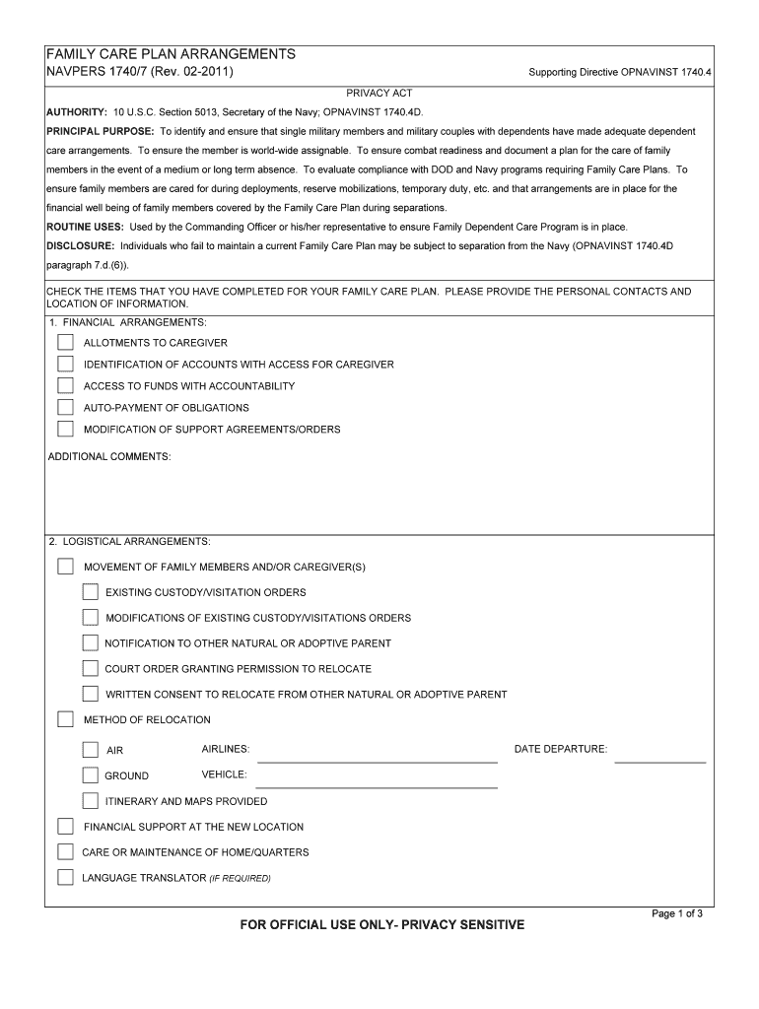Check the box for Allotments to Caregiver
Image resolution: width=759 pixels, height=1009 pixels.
(x=65, y=343)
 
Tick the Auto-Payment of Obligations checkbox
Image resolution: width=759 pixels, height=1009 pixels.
(x=65, y=408)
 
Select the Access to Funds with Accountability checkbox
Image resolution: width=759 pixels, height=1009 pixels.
(x=65, y=386)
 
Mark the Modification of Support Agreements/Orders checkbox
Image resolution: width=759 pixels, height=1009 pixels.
(x=65, y=430)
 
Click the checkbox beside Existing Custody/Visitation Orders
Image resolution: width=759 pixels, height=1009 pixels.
(x=91, y=592)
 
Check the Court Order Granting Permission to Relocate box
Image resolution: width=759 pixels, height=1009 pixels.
(x=91, y=669)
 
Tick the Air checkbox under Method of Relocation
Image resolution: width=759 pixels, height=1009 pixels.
(x=91, y=750)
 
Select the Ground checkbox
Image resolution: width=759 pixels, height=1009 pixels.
(x=91, y=775)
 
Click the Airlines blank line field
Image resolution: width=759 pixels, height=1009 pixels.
(x=377, y=754)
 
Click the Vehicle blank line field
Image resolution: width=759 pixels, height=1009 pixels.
(x=377, y=779)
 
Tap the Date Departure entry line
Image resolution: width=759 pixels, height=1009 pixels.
(x=660, y=754)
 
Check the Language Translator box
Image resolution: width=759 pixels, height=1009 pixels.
(x=65, y=877)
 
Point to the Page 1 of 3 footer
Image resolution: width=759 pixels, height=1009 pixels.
(x=677, y=913)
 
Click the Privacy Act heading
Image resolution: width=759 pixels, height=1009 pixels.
(x=379, y=93)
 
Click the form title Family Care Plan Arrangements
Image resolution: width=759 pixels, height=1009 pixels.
(x=172, y=53)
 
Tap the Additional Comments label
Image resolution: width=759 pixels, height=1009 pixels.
(x=109, y=456)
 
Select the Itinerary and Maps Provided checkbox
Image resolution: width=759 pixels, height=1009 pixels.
(x=91, y=801)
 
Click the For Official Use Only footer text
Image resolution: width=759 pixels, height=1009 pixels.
(x=383, y=925)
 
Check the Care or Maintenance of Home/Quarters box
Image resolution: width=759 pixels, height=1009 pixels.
(x=65, y=852)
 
